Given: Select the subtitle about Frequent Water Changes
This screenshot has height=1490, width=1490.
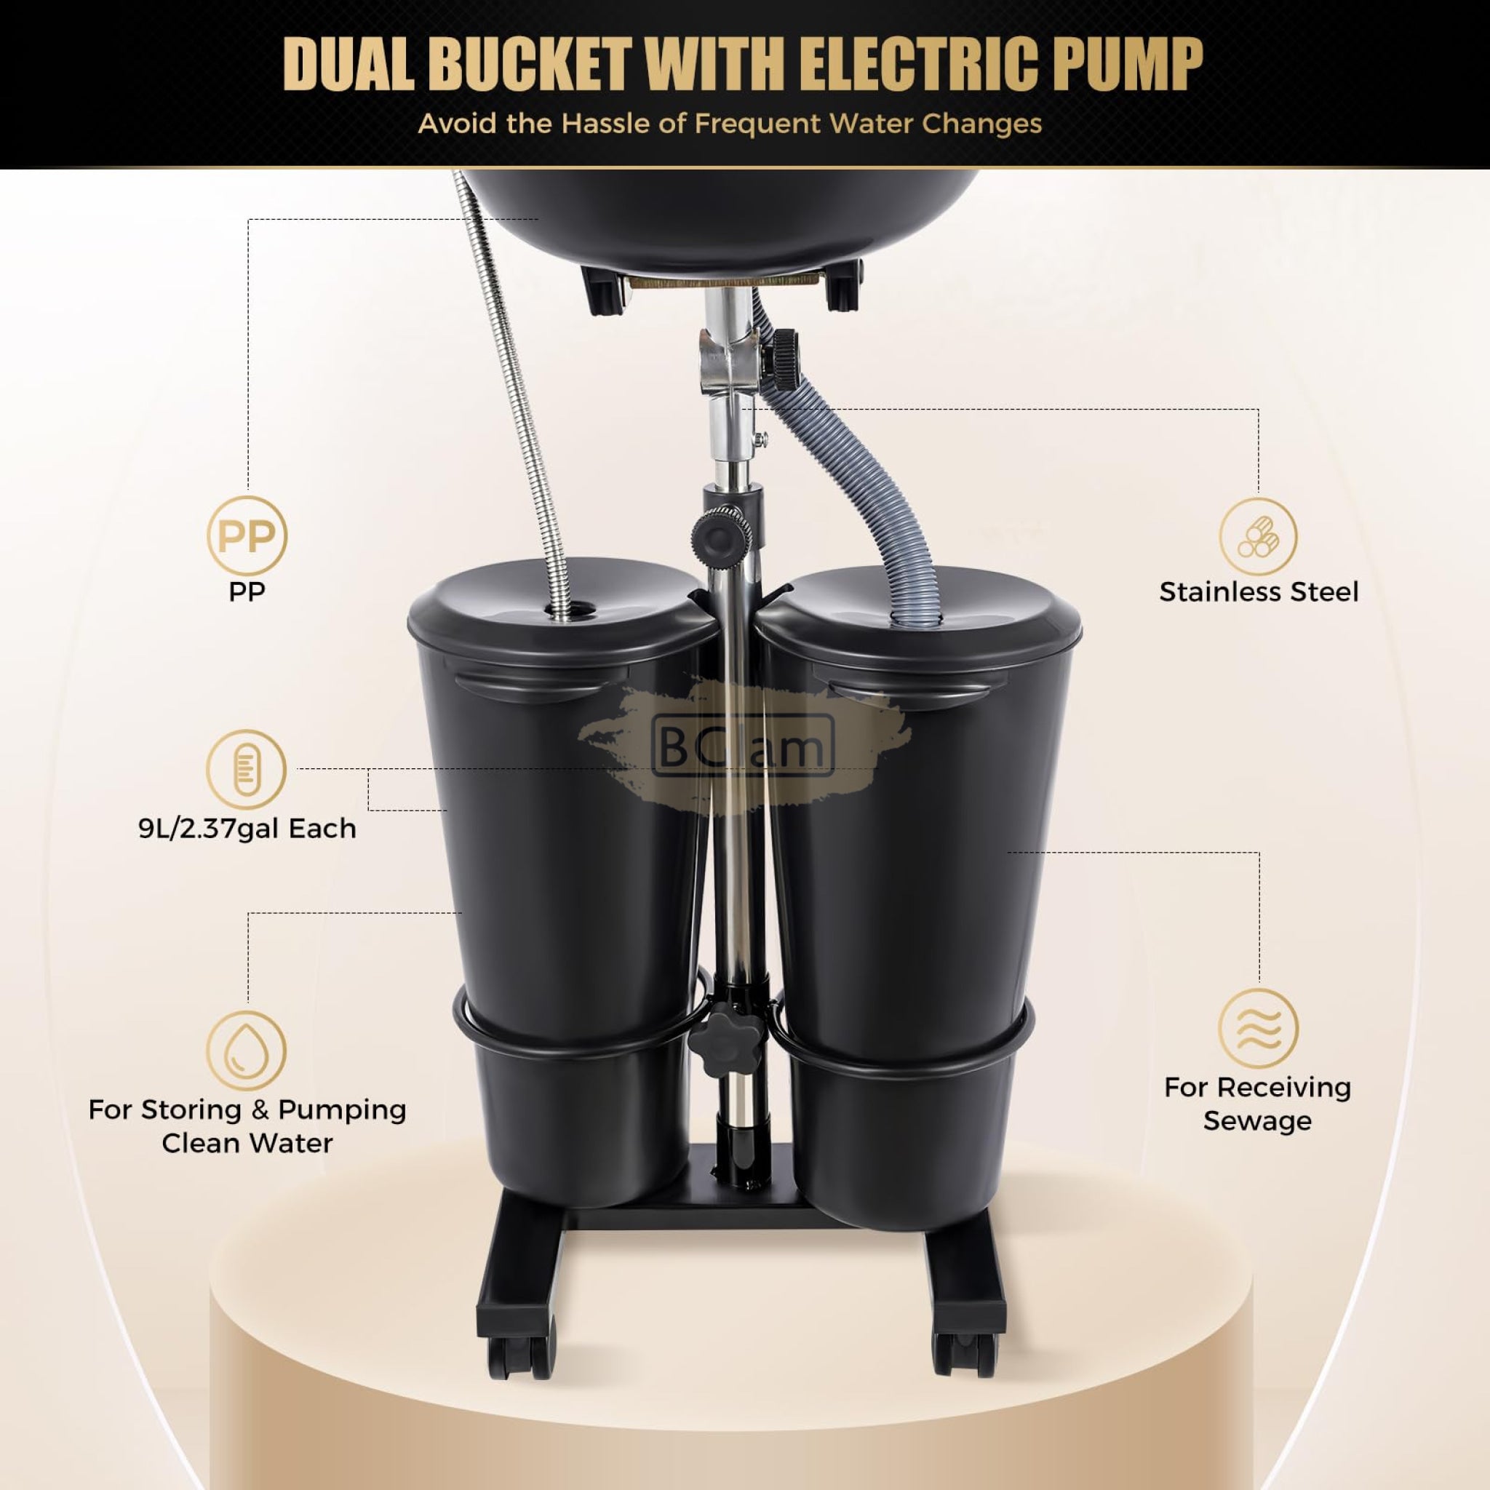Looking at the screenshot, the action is (x=730, y=124).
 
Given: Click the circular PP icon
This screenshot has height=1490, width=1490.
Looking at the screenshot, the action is (x=247, y=536).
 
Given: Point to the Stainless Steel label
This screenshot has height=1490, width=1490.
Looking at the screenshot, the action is (x=1259, y=591).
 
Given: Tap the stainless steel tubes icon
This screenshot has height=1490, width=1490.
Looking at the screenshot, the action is (x=1258, y=536).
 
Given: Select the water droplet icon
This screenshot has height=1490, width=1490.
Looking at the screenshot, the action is (x=247, y=1051).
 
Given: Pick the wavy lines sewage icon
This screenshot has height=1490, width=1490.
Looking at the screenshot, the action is (x=1258, y=1029).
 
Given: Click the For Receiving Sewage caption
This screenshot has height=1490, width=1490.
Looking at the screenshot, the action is (x=1258, y=1104).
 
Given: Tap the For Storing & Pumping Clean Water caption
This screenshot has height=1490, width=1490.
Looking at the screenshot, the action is (x=247, y=1126).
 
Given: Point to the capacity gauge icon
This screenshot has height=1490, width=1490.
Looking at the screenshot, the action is (x=247, y=770).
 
